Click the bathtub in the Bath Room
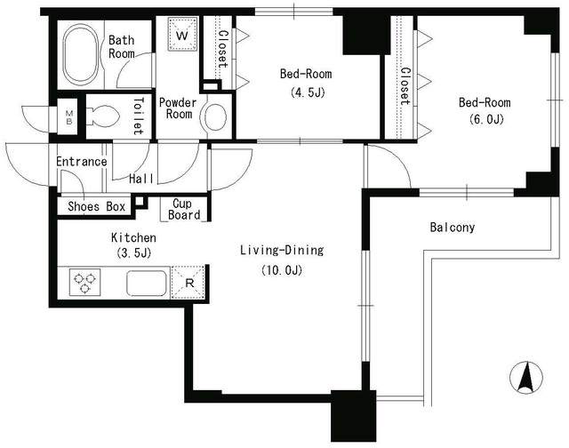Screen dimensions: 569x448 [x=81, y=53]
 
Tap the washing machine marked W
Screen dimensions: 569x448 [x=182, y=34]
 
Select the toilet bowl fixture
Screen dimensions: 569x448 [x=104, y=116]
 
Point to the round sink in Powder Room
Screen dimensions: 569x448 [x=215, y=117]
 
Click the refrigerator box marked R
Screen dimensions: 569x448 [x=188, y=283]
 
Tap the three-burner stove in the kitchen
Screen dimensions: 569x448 [x=84, y=283]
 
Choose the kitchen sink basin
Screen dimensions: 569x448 [x=147, y=283]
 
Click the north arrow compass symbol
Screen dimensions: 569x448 [x=526, y=378]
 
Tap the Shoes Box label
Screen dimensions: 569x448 [x=97, y=207]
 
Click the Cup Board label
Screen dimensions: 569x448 [x=184, y=209]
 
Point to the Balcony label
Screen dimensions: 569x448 [x=453, y=228]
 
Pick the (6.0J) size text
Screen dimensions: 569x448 [x=486, y=119]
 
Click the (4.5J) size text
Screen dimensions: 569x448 [x=307, y=92]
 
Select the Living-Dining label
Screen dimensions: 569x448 [x=282, y=251]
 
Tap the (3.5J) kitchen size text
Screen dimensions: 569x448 [x=134, y=252]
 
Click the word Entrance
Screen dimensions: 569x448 [x=82, y=162]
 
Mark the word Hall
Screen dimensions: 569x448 [x=141, y=179]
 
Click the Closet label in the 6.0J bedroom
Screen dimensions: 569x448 [x=405, y=87]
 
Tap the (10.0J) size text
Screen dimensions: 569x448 [x=282, y=270]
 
